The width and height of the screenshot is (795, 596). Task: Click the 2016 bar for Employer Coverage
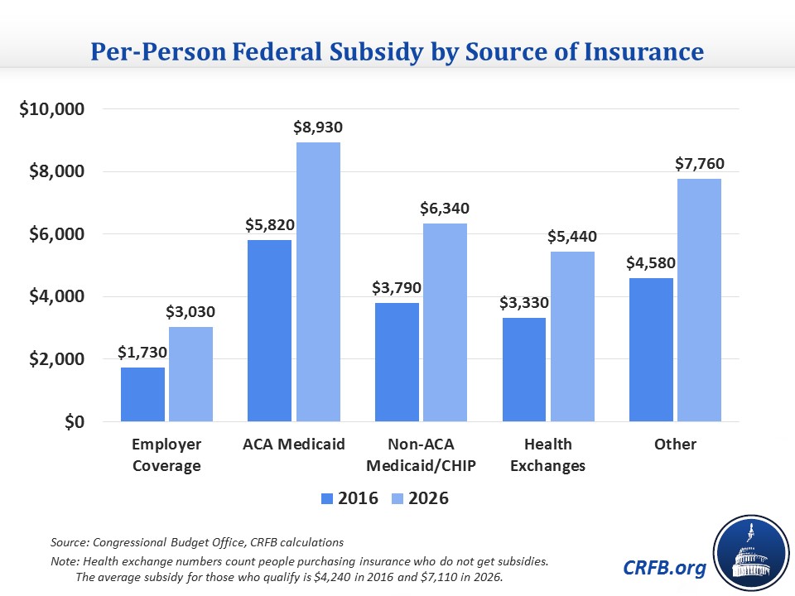[142, 394]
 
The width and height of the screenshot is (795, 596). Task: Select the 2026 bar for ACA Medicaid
[318, 281]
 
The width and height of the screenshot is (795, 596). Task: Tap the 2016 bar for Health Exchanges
[524, 369]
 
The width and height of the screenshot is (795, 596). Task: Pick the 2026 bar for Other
[698, 300]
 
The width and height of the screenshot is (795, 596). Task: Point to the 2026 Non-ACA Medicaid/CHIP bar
[445, 322]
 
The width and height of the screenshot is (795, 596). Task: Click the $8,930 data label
[318, 128]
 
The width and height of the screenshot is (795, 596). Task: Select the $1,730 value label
[142, 353]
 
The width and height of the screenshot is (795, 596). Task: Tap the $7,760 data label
[699, 165]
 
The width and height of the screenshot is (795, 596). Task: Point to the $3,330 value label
[524, 303]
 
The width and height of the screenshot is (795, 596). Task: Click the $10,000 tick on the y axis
[56, 109]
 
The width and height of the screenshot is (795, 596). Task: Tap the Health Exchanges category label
[547, 454]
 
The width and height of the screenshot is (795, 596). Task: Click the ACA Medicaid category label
[293, 445]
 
